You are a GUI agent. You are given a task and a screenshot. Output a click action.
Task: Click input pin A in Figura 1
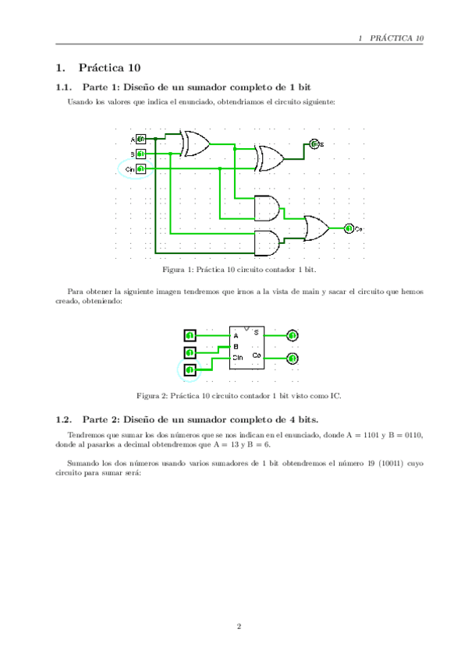[140, 140]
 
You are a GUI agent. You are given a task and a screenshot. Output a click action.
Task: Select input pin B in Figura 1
[140, 154]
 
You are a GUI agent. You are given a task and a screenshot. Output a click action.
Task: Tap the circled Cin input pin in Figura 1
[140, 168]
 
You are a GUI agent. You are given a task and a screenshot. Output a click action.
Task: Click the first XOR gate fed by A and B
[195, 143]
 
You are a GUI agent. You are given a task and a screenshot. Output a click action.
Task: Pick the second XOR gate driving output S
[271, 157]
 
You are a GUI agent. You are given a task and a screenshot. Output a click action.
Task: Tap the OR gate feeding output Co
[317, 228]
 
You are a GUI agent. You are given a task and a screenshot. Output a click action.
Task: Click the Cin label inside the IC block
[238, 357]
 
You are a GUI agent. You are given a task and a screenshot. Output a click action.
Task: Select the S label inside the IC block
[256, 333]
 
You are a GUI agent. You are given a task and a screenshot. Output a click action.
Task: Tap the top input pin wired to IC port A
[190, 335]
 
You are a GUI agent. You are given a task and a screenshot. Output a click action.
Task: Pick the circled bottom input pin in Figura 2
[190, 369]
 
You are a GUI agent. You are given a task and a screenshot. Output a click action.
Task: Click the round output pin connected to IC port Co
[292, 358]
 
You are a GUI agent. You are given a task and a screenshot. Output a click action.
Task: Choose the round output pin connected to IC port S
[292, 335]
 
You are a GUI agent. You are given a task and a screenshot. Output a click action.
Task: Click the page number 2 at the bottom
[239, 625]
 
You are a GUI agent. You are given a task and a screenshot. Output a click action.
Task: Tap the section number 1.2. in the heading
[64, 419]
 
